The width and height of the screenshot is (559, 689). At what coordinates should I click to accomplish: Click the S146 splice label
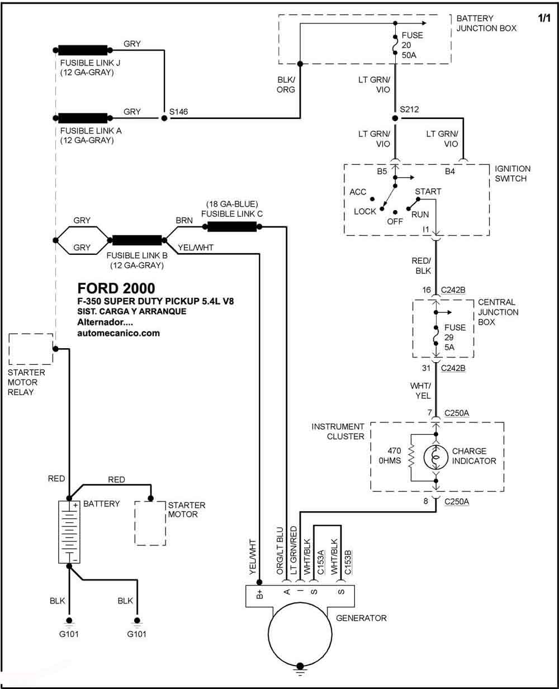point(178,112)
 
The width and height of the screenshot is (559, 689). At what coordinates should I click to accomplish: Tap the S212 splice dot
point(395,118)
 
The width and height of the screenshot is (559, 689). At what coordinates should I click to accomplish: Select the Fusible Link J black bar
point(83,50)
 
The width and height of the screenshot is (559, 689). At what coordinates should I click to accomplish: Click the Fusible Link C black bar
point(232,227)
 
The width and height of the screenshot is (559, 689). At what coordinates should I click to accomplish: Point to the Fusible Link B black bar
point(137,240)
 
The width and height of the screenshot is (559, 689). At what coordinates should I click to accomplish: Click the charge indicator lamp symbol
point(436,458)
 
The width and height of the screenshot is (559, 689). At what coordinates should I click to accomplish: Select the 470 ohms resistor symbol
point(411,457)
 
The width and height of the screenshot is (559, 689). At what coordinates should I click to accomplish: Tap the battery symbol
point(69,532)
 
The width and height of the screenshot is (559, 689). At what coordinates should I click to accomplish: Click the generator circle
point(300,634)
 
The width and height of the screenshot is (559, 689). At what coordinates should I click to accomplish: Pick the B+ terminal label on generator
point(259,594)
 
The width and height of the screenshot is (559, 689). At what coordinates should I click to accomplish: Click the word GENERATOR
point(361,618)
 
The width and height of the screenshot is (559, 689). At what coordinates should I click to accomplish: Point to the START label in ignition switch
point(428,192)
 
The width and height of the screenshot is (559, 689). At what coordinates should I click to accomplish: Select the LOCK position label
point(365,212)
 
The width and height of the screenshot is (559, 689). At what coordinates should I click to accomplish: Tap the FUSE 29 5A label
point(454,338)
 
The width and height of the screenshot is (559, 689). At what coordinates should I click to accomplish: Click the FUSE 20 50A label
point(412,45)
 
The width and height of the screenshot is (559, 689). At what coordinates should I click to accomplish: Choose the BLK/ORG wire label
point(286,84)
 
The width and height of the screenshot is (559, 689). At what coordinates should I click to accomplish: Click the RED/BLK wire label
point(421,265)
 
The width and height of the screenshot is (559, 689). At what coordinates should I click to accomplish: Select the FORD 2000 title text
point(116,288)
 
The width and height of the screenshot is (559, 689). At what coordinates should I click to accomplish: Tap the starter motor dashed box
point(150,524)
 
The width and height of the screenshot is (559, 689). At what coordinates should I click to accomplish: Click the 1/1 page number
point(544,18)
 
